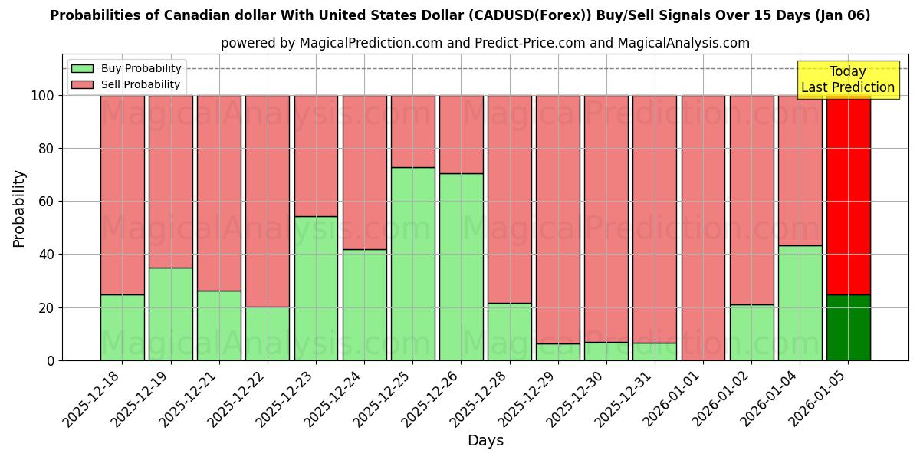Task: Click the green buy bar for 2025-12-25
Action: tap(412, 264)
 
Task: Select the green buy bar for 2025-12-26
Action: tap(461, 267)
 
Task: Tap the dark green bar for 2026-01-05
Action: tap(848, 327)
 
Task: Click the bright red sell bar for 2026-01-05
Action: tap(848, 195)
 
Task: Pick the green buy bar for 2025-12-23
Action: tap(316, 288)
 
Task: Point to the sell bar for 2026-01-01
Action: tap(703, 228)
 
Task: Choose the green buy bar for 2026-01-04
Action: tap(800, 303)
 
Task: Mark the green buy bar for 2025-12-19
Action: tap(170, 314)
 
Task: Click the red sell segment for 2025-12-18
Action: tap(122, 195)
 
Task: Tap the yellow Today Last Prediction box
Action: tap(847, 80)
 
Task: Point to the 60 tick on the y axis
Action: tap(47, 202)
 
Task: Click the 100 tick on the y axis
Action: tap(43, 96)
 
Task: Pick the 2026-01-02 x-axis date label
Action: tap(722, 399)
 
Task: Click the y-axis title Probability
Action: tap(19, 209)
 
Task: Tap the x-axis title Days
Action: tap(485, 441)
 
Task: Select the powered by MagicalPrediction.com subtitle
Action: tap(485, 43)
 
